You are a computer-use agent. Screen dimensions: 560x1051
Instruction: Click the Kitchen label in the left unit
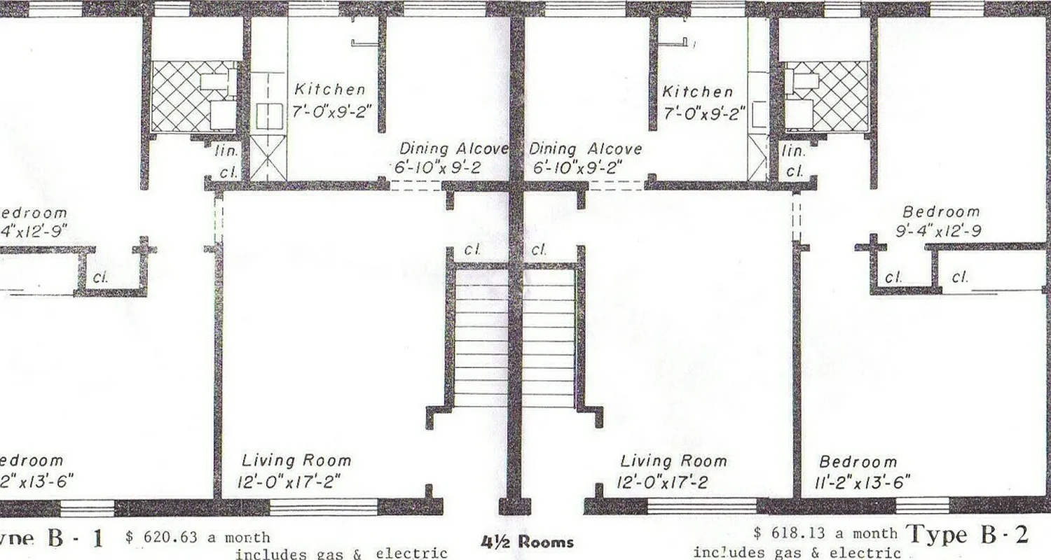point(329,90)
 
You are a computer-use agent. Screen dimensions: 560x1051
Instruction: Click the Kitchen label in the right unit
point(698,92)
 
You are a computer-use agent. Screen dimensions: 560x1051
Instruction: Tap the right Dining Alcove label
point(585,149)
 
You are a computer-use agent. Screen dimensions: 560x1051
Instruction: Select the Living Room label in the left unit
point(296,461)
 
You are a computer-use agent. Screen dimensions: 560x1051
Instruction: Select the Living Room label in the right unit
point(673,461)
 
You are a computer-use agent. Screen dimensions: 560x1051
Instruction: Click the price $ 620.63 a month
point(198,538)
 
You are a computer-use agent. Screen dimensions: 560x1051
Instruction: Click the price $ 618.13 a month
point(825,533)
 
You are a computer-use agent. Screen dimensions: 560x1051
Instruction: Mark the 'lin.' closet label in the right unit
point(794,150)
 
